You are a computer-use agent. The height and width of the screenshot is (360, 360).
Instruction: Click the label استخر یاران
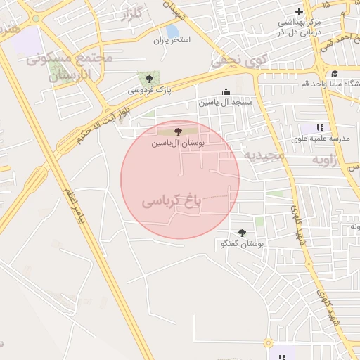(x=172, y=40)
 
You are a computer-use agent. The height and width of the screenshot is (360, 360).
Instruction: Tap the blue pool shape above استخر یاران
(x=172, y=30)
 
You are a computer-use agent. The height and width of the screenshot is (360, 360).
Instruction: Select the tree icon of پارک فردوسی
(x=148, y=78)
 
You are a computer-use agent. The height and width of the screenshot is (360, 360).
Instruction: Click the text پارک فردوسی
(x=149, y=91)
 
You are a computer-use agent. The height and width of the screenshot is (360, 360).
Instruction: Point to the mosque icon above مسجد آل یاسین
(x=226, y=91)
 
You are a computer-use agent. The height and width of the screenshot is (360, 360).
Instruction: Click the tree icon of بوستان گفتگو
(x=243, y=233)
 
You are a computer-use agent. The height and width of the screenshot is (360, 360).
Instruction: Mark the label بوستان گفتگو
(x=242, y=245)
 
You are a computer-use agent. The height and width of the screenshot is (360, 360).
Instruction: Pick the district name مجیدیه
(x=264, y=153)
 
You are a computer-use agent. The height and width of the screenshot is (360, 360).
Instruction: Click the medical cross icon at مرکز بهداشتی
(x=300, y=11)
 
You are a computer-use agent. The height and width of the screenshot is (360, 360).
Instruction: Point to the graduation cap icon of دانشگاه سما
(x=335, y=74)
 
